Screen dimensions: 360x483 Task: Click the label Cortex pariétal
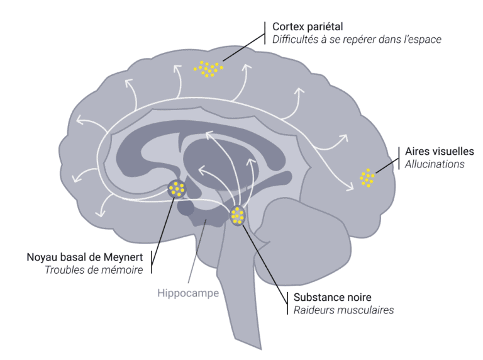(308, 26)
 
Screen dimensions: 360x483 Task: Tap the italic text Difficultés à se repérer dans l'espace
(357, 40)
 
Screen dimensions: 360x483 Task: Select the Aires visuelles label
(440, 152)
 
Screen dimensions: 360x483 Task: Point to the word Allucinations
(435, 164)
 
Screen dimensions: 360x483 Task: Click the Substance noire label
(328, 296)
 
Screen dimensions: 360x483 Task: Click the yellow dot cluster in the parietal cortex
(208, 68)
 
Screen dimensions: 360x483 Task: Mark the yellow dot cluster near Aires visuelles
(367, 177)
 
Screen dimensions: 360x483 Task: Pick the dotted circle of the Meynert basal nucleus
(177, 188)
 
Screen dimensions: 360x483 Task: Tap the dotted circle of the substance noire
(237, 216)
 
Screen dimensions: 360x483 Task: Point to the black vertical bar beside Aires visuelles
(398, 158)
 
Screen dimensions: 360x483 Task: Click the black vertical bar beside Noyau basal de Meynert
(152, 264)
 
